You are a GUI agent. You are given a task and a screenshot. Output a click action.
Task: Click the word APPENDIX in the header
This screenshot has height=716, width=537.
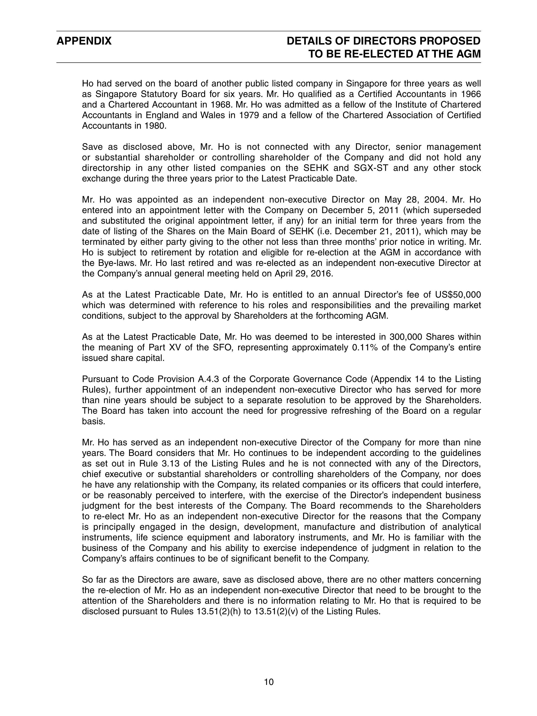point(84,41)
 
